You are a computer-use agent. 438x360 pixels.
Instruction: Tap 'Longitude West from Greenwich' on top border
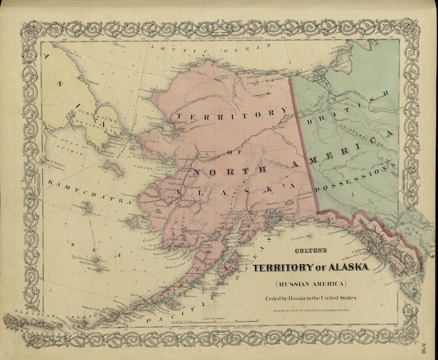tap(229, 39)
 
